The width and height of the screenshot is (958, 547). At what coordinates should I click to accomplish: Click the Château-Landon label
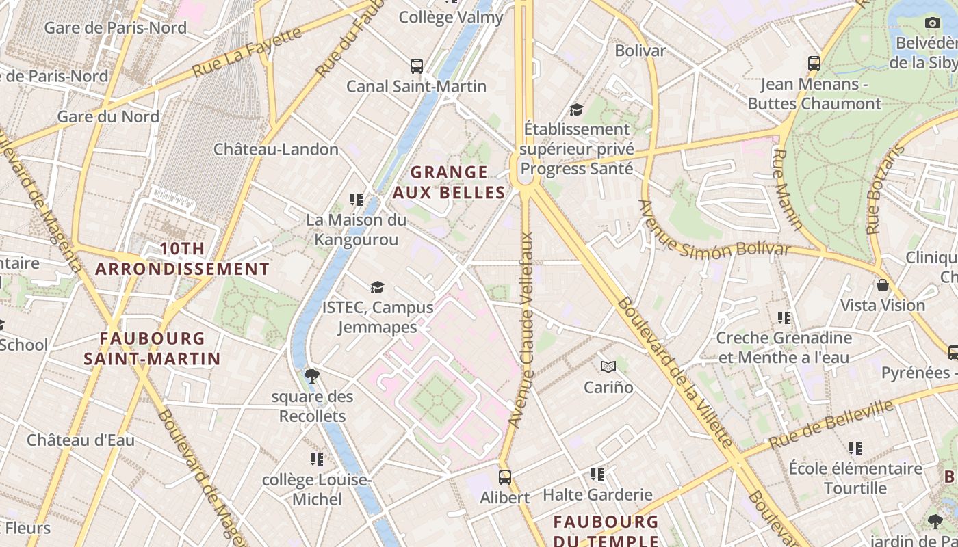276,149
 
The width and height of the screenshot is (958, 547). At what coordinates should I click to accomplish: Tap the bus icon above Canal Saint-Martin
417,66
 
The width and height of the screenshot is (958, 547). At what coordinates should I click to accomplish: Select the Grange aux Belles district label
449,182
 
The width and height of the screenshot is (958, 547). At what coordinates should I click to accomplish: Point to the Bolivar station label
640,51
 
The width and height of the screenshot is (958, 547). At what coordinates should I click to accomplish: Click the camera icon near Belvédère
932,23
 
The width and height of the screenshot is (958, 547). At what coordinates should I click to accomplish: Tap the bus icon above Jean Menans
814,64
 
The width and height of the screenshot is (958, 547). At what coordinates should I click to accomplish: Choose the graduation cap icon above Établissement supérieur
576,109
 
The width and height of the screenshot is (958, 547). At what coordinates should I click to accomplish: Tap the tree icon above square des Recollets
312,375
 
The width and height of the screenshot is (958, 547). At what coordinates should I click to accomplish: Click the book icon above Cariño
608,367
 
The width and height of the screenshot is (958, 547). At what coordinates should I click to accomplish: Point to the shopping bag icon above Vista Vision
883,284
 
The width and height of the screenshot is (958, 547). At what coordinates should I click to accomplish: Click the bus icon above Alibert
505,477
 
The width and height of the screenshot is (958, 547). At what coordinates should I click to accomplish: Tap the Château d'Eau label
81,440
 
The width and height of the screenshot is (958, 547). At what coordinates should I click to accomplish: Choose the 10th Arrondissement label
183,258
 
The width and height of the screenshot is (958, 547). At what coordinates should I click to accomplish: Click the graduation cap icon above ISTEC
377,287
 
